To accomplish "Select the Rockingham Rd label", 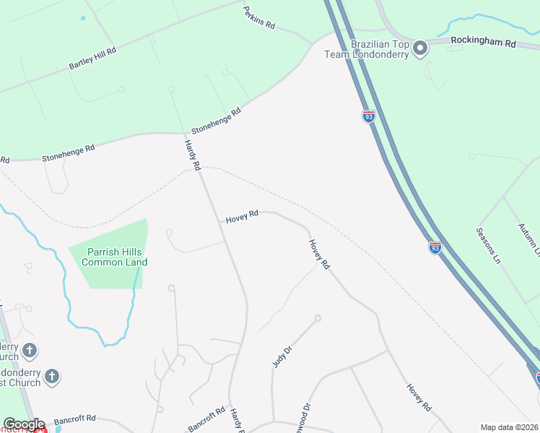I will pos(483,43).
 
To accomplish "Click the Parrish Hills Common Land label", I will pos(114,257).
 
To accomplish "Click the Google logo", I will pos(24,424).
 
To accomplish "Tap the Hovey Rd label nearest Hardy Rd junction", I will pos(242,216).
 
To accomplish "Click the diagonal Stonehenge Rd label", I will pos(215,122).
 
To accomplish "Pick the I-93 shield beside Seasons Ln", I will pos(435,248).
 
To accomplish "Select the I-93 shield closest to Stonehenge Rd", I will pos(368,116).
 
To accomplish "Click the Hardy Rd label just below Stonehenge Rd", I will pos(191,155).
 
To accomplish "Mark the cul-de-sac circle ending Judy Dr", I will pos(317,318).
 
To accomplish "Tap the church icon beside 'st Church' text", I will pos(51,376).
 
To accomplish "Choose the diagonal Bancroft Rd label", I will pos(207,419).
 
